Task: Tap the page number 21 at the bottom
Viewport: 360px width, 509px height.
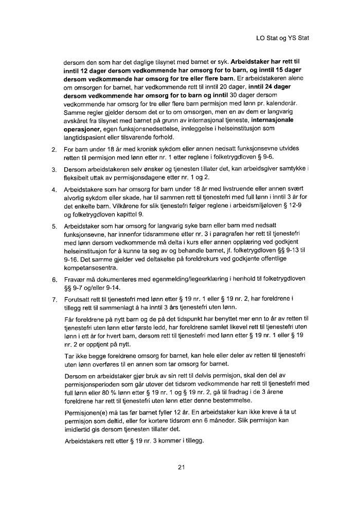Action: coord(181,467)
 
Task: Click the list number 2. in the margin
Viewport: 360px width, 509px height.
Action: coord(55,150)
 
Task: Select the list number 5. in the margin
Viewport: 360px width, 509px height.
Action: coord(55,239)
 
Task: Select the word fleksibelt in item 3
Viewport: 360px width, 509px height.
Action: coord(79,178)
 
